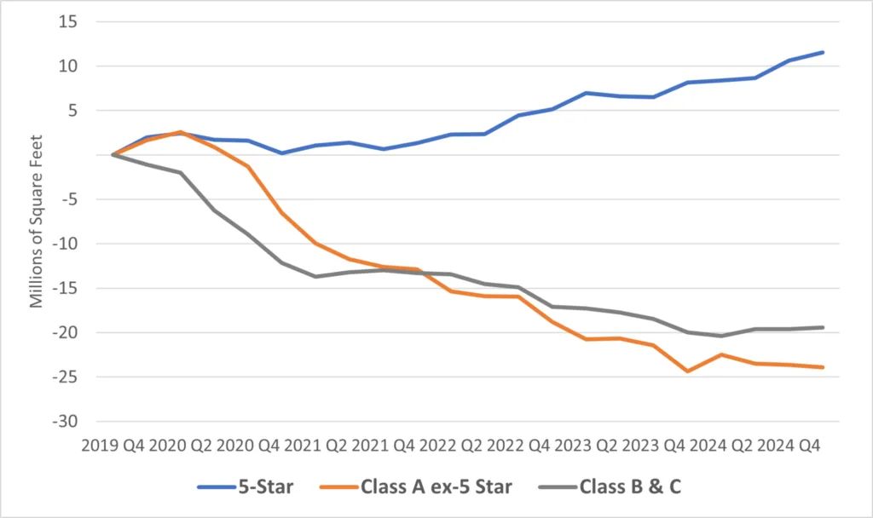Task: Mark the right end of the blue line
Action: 822,52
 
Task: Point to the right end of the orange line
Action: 822,367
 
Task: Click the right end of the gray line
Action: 822,327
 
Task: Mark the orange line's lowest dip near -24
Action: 687,371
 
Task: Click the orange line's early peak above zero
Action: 181,132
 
